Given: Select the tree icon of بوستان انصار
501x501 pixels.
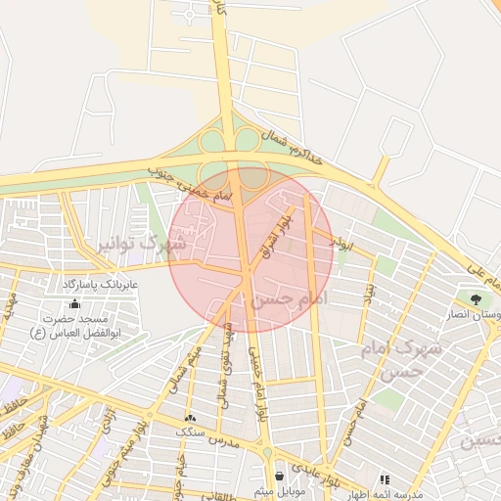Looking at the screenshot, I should [476, 299].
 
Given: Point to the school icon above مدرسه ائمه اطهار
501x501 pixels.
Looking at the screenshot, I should [385, 479].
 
